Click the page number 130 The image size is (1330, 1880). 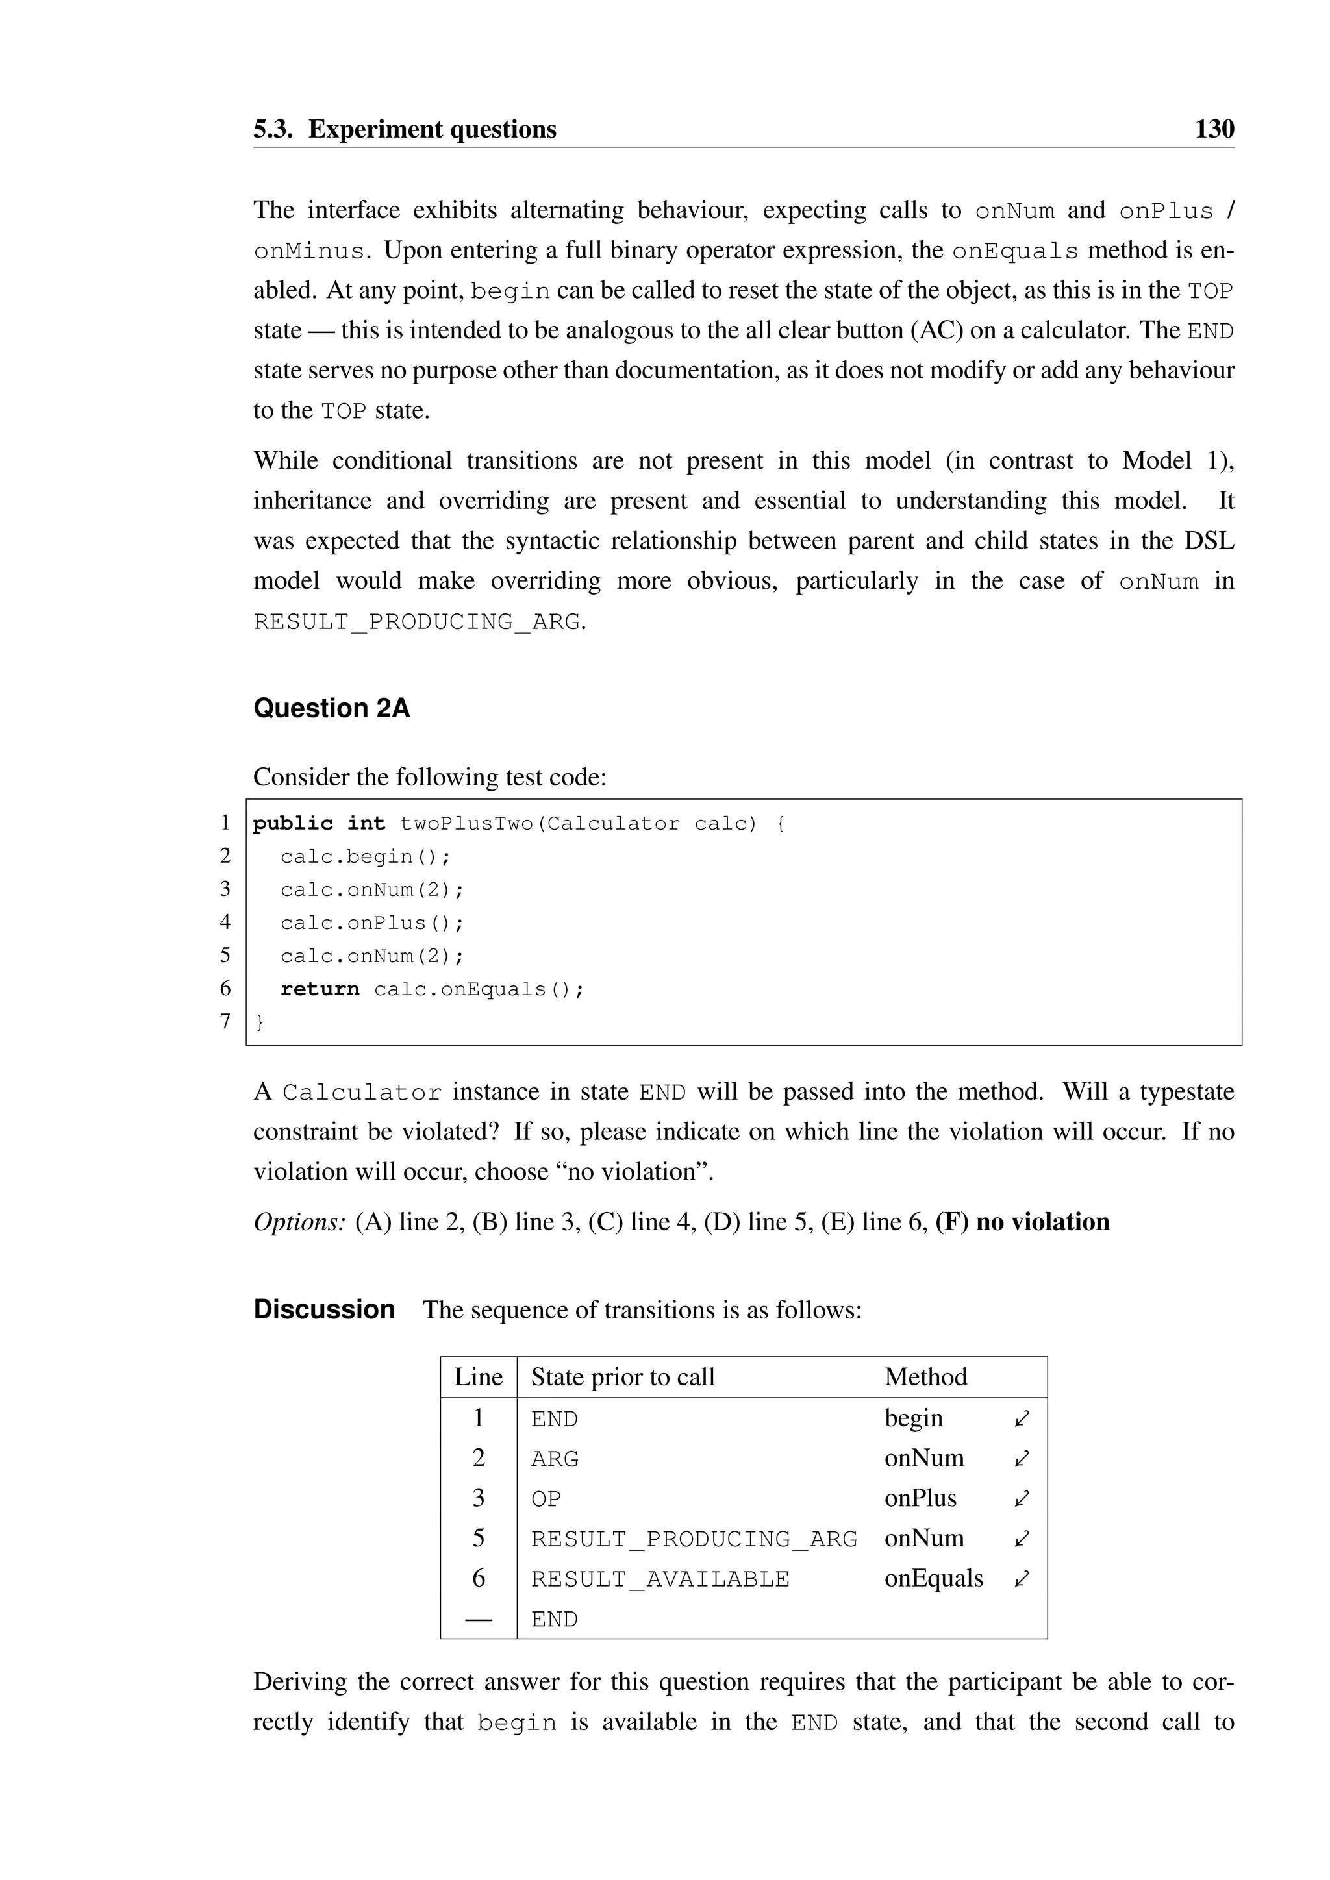tap(1214, 129)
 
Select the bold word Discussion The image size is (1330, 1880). tap(324, 1309)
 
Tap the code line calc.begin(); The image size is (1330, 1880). tap(365, 856)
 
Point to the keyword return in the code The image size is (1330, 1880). tap(320, 989)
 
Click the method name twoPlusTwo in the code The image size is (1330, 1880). tap(466, 824)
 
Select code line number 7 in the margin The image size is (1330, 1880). tap(225, 1021)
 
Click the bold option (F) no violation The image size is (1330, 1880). tap(1022, 1222)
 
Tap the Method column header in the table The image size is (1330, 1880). tap(925, 1378)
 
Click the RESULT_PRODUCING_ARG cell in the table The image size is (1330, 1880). tap(694, 1539)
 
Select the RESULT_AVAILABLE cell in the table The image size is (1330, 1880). tap(660, 1579)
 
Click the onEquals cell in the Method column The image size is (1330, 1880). tap(934, 1579)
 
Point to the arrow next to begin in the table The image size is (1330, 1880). tap(1022, 1418)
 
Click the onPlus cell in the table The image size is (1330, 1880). tap(920, 1498)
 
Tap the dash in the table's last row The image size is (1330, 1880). tap(478, 1619)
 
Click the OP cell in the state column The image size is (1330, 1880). tap(546, 1499)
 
